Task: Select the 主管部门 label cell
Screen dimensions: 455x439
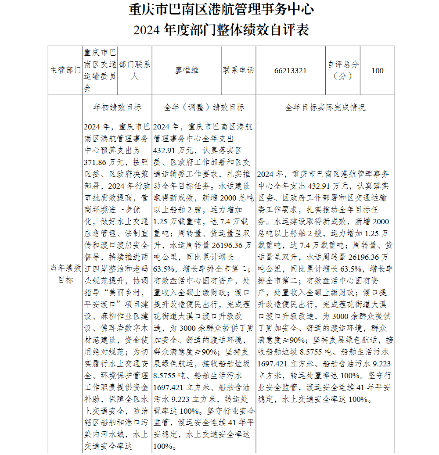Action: [65, 71]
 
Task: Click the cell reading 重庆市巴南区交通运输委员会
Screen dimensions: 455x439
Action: [100, 70]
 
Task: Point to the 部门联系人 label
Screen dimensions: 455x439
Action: [134, 70]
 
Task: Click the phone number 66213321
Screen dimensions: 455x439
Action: [290, 71]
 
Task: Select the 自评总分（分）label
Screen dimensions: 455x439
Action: [342, 70]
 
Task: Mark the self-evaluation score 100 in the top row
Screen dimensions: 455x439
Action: [377, 71]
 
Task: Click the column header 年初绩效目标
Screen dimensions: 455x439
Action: [117, 107]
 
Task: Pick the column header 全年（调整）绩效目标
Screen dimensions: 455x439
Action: [204, 107]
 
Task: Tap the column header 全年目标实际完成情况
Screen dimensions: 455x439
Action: [325, 107]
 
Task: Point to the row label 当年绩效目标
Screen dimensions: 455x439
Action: [65, 273]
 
